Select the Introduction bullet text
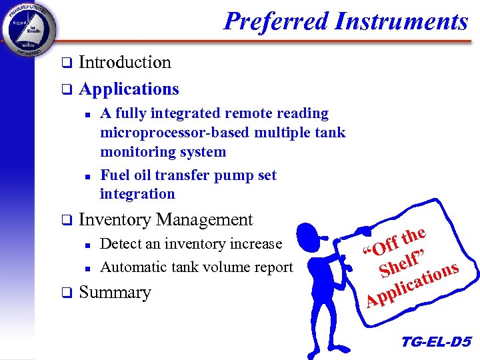(x=125, y=63)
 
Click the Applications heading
(x=129, y=89)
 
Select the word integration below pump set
(x=137, y=194)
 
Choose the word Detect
(x=119, y=245)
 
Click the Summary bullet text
(x=115, y=292)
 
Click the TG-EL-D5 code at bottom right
(x=436, y=343)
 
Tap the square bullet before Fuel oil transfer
(x=87, y=177)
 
